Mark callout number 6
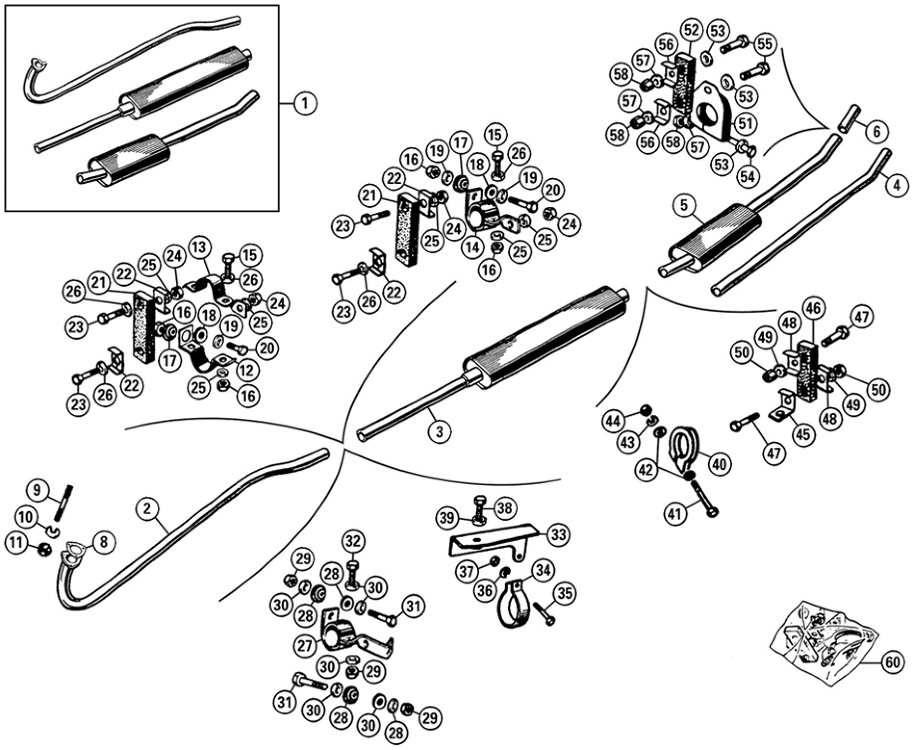coord(876,132)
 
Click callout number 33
coord(558,534)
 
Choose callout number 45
coord(801,434)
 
